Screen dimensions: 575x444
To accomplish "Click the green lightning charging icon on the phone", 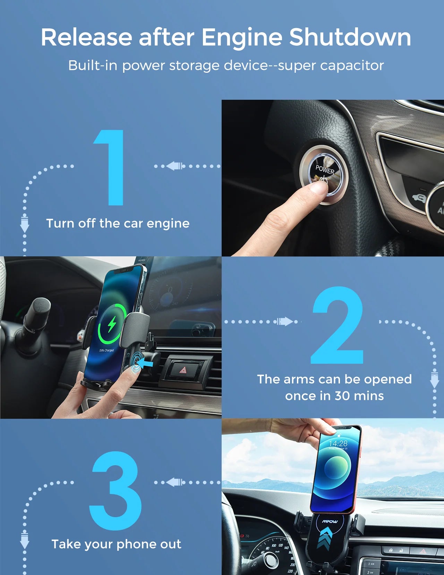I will (x=112, y=324).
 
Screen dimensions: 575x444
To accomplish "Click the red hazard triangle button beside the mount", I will (x=183, y=370).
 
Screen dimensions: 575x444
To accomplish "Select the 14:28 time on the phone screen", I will (x=338, y=443).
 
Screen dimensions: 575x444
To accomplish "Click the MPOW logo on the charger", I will (x=330, y=521).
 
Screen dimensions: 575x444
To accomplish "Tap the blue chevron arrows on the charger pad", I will (x=325, y=537).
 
